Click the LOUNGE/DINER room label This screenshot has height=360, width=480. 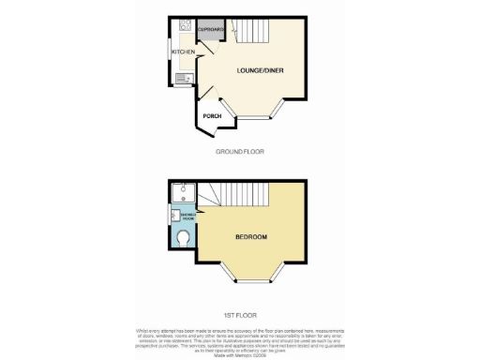tap(262, 69)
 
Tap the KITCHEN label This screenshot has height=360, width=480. tap(183, 52)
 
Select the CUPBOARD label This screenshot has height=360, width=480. tap(210, 30)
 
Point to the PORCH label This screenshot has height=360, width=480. tap(212, 115)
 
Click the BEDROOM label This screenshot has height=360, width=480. tap(252, 236)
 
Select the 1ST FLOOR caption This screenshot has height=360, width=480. tap(240, 315)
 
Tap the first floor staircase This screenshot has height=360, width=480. tap(234, 196)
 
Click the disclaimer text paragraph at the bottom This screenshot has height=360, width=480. tap(240, 337)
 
